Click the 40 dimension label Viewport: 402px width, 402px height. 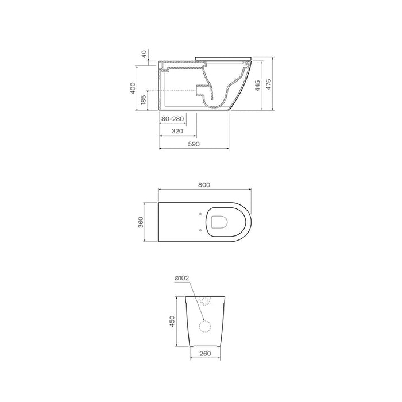point(144,54)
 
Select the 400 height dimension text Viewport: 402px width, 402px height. point(133,88)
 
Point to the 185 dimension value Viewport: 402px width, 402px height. point(144,100)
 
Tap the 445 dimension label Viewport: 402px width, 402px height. point(258,86)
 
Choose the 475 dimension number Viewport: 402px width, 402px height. point(268,84)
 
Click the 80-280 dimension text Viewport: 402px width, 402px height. point(172,119)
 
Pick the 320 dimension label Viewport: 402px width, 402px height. point(177,132)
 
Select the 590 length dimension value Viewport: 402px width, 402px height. point(194,144)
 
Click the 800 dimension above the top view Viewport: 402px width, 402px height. point(204,185)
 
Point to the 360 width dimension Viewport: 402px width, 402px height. point(141,222)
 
